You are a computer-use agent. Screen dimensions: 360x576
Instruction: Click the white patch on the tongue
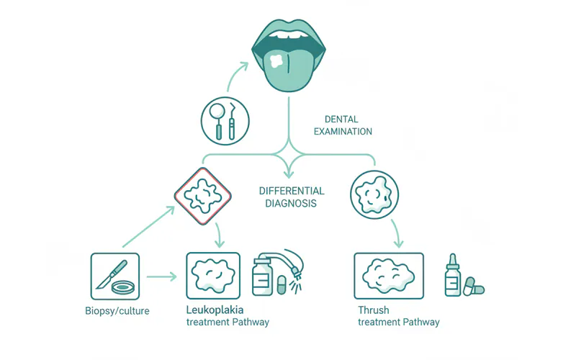[276, 60]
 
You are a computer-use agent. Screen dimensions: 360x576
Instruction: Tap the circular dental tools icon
[224, 120]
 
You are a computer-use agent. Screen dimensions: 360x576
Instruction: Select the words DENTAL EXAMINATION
[347, 126]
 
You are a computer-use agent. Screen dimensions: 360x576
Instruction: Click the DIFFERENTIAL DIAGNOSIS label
[291, 197]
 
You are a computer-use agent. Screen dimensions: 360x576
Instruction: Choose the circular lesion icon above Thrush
[374, 194]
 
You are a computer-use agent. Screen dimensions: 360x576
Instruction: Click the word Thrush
[373, 310]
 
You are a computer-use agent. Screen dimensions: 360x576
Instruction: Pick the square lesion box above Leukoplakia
[213, 274]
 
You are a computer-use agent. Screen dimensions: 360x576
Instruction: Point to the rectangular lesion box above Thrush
[389, 274]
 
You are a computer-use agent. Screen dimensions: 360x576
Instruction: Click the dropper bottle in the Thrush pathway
[453, 275]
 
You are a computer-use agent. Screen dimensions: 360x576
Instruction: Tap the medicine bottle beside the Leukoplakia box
[261, 276]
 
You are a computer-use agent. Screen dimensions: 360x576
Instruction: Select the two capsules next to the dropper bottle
[474, 286]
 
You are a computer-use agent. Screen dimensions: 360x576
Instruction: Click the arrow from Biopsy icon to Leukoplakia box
[162, 276]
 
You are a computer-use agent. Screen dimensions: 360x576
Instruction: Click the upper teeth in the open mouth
[288, 35]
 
